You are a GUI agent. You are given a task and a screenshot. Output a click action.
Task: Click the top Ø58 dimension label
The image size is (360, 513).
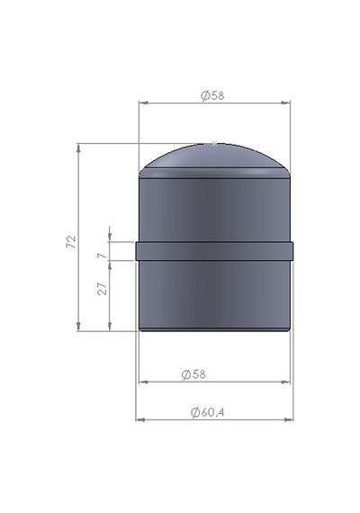tap(212, 95)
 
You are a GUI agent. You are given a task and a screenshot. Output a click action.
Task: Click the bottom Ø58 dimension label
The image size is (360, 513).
tap(193, 374)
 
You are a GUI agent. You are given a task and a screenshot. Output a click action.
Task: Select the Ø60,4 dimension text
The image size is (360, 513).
tap(208, 412)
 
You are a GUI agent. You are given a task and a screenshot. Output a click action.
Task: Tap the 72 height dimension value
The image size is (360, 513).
tap(71, 242)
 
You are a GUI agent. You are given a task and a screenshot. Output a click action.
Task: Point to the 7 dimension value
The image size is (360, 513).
tap(103, 256)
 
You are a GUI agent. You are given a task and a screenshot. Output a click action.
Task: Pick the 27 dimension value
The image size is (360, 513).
tap(103, 289)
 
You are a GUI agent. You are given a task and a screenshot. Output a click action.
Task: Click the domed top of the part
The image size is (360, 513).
tap(214, 157)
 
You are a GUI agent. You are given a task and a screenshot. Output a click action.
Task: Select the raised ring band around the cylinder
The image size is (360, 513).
tap(214, 251)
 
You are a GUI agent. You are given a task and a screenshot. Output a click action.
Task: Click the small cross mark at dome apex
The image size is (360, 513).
tap(214, 142)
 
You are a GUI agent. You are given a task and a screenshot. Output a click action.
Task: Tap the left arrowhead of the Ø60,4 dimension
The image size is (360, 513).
tap(139, 419)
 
